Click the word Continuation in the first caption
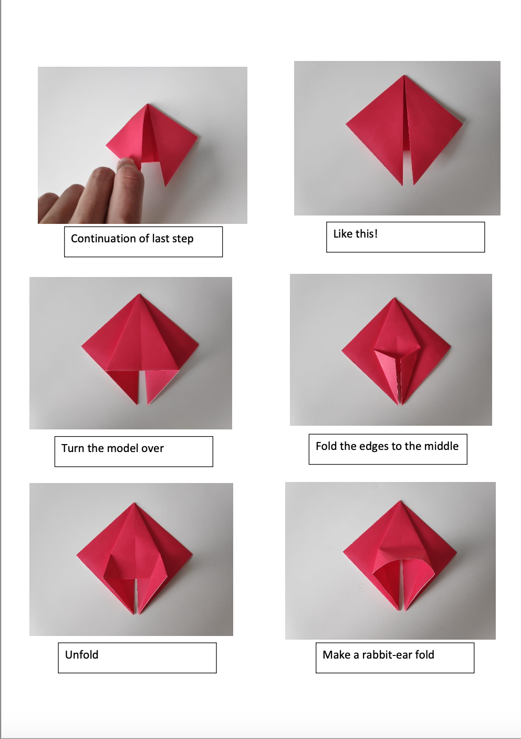pos(103,239)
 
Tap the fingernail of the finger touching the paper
pos(127,165)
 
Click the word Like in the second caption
pos(342,234)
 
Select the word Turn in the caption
pos(72,448)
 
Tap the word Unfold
pos(81,655)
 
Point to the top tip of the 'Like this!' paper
pos(404,76)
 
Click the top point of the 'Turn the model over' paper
pos(139,294)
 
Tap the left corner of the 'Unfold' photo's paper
pos(78,555)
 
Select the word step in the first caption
pos(182,239)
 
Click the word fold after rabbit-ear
pos(424,655)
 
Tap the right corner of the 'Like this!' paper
pos(462,125)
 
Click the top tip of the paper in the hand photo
pos(148,105)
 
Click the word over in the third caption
pos(152,448)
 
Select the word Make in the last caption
pos(336,655)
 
